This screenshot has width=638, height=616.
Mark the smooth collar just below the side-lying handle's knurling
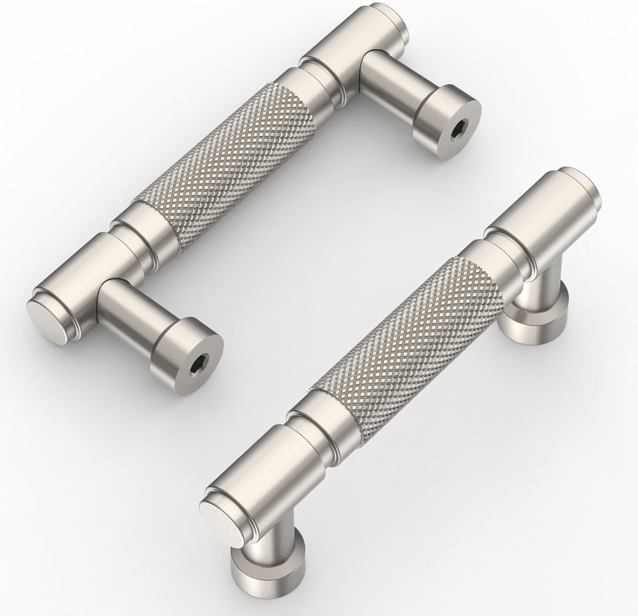tap(145, 230)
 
